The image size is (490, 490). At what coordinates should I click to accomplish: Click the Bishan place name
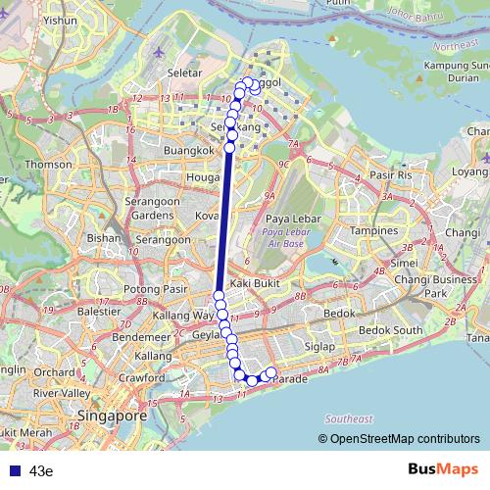pyautogui.click(x=104, y=237)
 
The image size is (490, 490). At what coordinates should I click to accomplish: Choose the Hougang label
pyautogui.click(x=202, y=177)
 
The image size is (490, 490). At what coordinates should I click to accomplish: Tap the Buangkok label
pyautogui.click(x=187, y=151)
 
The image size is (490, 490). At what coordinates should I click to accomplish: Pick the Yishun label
pyautogui.click(x=61, y=20)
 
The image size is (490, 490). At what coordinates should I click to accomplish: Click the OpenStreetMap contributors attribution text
pyautogui.click(x=404, y=438)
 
